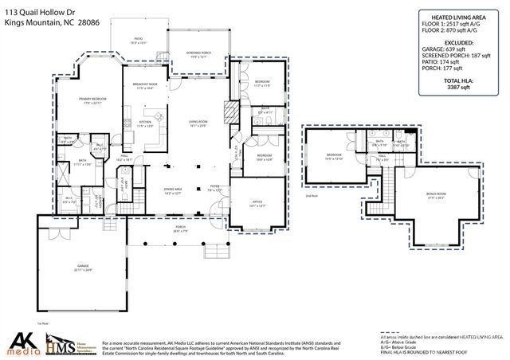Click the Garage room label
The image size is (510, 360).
coord(79,268)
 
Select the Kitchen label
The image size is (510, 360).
coord(145,123)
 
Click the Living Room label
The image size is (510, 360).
coord(198,123)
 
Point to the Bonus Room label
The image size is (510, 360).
coord(435,195)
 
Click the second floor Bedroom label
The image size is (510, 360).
coord(334,156)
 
